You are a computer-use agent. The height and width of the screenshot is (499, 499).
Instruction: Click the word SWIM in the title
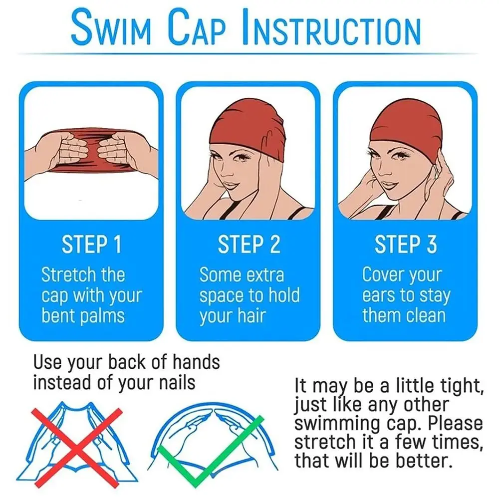(110, 28)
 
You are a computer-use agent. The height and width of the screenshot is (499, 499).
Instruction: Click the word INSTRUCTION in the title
(331, 28)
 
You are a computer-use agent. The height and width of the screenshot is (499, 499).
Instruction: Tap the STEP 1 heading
(92, 244)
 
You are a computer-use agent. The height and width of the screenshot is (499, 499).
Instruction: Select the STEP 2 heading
(249, 244)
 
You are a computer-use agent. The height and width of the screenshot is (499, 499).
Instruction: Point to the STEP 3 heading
(406, 244)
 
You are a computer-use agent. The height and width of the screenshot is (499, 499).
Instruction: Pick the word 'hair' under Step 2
(251, 316)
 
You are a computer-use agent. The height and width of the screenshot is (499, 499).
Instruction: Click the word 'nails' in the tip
(177, 382)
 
